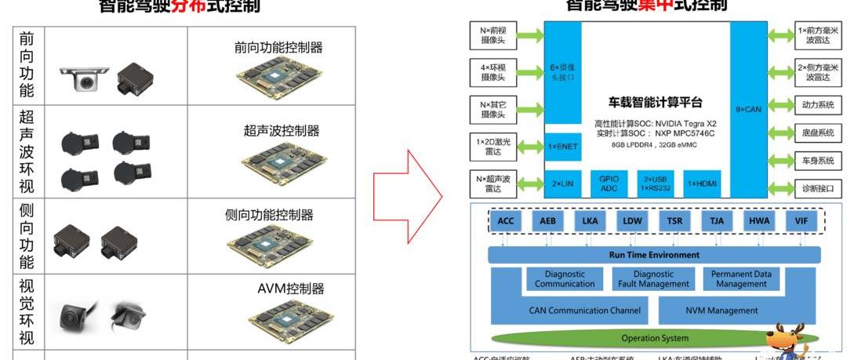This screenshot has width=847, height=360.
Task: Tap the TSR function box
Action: [x=674, y=221]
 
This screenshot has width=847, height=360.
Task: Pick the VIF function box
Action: [x=801, y=221]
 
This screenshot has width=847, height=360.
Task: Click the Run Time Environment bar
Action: [x=654, y=255]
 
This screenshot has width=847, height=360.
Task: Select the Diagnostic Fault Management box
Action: [x=653, y=279]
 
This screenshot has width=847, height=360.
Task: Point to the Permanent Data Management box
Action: [x=741, y=279]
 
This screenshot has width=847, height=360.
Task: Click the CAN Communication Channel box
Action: [x=585, y=311]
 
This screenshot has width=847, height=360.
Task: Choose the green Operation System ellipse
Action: [x=654, y=338]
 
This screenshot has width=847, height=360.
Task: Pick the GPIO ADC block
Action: [x=609, y=183]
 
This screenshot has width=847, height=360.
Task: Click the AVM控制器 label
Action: [x=290, y=289]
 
